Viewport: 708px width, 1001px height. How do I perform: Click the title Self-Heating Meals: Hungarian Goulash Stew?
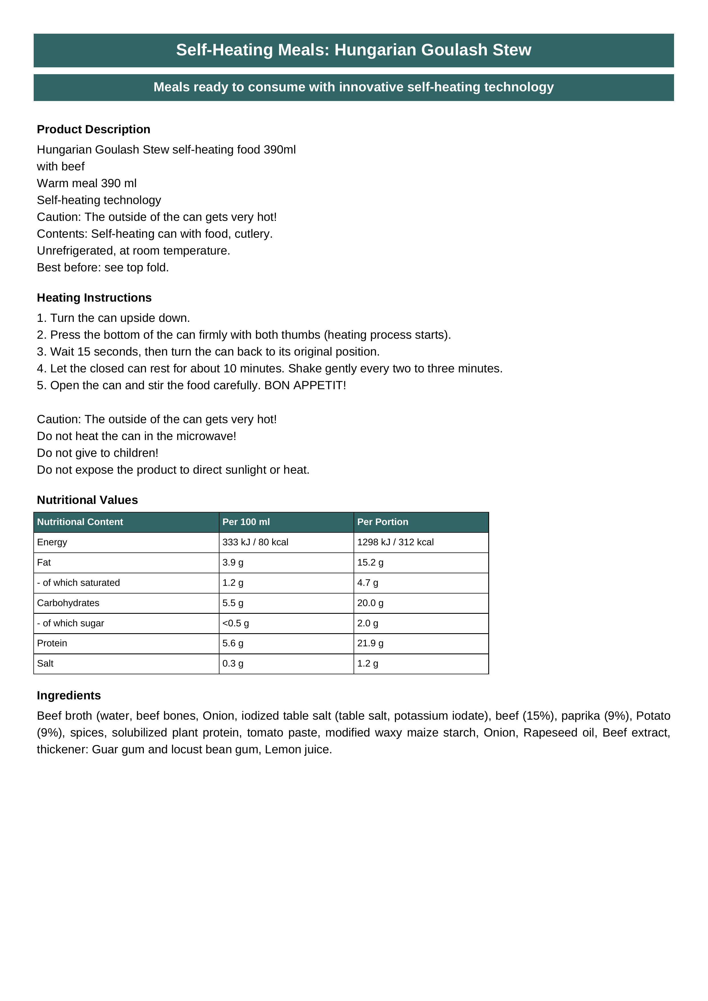[x=354, y=50]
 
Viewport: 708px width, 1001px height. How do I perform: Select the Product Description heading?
[x=93, y=130]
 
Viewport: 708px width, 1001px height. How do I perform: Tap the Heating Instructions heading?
[x=94, y=298]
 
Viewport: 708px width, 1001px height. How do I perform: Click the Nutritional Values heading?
[x=87, y=500]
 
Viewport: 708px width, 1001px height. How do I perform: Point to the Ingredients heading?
[x=69, y=695]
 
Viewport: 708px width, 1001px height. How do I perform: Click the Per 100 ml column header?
[x=246, y=522]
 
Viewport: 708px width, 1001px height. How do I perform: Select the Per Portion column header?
[x=382, y=522]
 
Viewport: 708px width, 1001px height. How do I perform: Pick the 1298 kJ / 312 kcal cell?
[x=395, y=542]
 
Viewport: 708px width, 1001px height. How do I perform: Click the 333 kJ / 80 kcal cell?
[x=255, y=542]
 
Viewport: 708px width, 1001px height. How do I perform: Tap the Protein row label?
[x=52, y=643]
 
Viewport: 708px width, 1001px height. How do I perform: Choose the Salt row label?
[x=45, y=663]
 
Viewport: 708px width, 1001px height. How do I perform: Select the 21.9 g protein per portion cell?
[x=370, y=643]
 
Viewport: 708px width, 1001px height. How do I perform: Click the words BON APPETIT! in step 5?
[x=305, y=386]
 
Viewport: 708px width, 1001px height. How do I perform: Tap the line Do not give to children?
[x=98, y=453]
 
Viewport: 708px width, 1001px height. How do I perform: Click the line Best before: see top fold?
[x=103, y=268]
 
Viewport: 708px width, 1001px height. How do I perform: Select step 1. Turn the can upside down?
[x=113, y=318]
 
